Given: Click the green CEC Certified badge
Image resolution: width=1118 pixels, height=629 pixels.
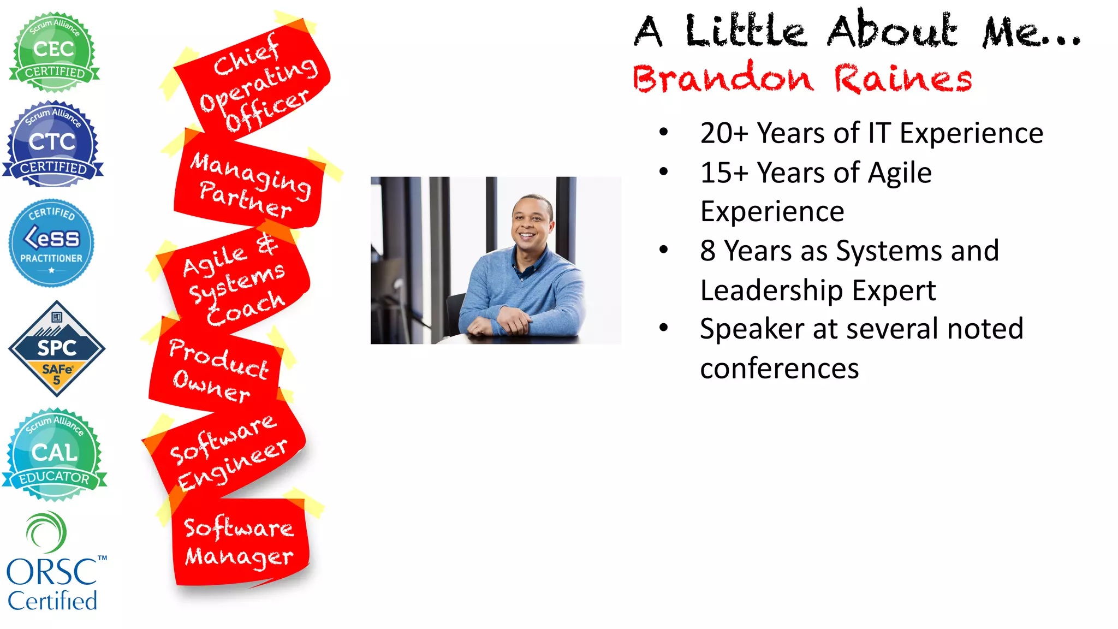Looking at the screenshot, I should (53, 52).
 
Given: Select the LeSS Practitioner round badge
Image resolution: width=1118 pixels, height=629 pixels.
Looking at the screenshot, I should (51, 243).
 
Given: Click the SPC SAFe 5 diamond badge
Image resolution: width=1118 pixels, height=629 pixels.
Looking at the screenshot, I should (57, 348).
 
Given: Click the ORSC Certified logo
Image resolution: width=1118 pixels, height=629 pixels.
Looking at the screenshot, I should (53, 562).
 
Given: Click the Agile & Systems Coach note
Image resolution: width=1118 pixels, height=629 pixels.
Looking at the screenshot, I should (235, 281).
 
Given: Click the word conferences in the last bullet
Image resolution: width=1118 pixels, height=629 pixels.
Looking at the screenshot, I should (780, 369).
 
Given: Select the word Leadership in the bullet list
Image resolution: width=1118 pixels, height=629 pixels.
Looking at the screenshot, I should (771, 290).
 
